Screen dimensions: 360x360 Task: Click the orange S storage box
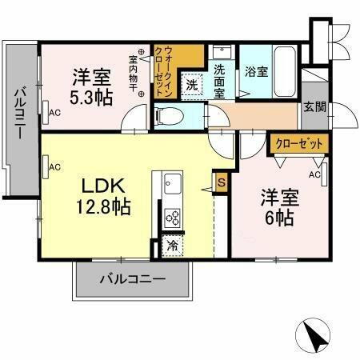click(222, 183)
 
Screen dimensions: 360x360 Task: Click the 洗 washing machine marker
click(192, 82)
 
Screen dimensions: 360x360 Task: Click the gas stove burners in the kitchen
click(172, 216)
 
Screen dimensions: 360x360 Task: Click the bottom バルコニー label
click(133, 280)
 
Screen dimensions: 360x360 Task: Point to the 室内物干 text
click(134, 74)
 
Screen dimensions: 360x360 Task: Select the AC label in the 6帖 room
click(314, 174)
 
